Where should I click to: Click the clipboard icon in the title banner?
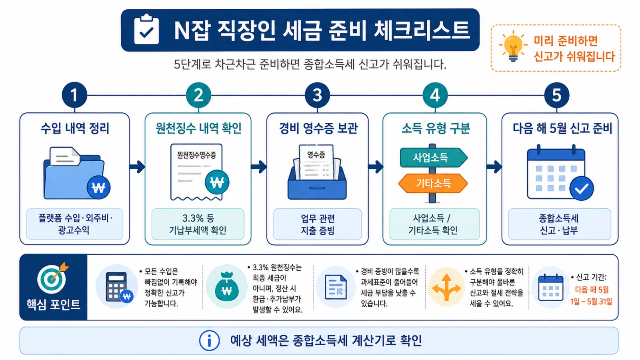(146, 29)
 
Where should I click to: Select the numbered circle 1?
(74, 95)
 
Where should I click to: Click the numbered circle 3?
(317, 95)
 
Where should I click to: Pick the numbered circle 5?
(556, 95)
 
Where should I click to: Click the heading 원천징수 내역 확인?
(198, 128)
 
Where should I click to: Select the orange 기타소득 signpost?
(433, 183)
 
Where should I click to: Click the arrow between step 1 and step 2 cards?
(137, 167)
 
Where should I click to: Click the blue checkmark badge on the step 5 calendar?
(582, 188)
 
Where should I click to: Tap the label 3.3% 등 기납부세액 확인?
(198, 224)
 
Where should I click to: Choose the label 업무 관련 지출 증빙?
(318, 224)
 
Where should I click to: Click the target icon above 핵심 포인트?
(53, 278)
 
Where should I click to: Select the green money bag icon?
(226, 286)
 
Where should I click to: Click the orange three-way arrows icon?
(446, 288)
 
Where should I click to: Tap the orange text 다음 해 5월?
(592, 290)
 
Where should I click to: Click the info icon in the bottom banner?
(209, 340)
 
